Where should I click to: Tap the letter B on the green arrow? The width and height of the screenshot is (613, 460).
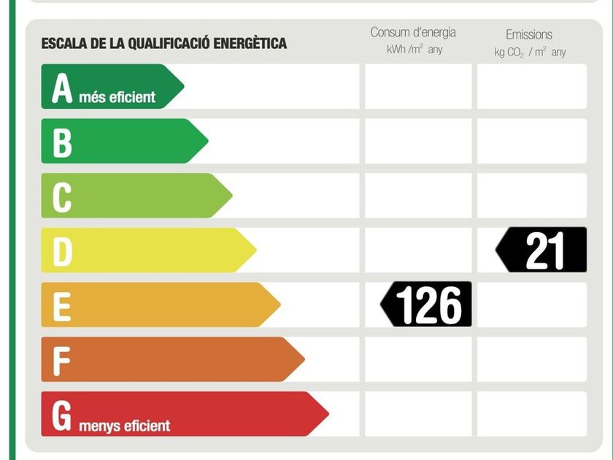tap(62, 142)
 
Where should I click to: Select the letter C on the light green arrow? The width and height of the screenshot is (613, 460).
tap(62, 196)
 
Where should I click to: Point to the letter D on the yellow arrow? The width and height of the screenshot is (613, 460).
tap(63, 251)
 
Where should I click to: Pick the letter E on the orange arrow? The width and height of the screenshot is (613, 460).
tap(62, 305)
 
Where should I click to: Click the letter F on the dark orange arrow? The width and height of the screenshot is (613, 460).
tap(62, 360)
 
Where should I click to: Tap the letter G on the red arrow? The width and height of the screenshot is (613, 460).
tap(63, 415)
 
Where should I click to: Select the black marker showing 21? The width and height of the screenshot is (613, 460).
tap(543, 250)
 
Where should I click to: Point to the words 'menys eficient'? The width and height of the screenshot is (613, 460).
tap(125, 425)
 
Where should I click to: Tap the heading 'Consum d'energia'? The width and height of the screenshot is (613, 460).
tap(413, 32)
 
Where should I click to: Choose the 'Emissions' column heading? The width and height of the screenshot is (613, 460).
tap(529, 34)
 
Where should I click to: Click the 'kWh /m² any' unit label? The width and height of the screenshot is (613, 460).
tap(414, 50)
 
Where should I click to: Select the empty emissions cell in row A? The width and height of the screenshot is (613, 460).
tap(532, 87)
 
